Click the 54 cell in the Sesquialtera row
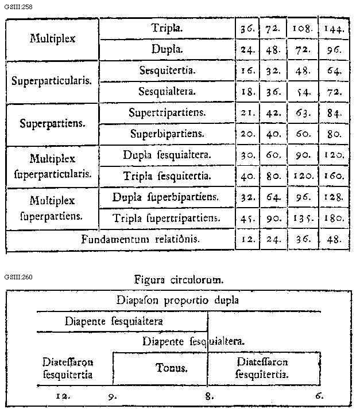(302, 92)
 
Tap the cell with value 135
(302, 218)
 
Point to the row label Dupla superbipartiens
(167, 197)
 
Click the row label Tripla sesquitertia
(167, 176)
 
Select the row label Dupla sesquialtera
(167, 155)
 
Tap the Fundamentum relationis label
(141, 239)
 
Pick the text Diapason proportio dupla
(177, 300)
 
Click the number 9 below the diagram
(112, 395)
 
